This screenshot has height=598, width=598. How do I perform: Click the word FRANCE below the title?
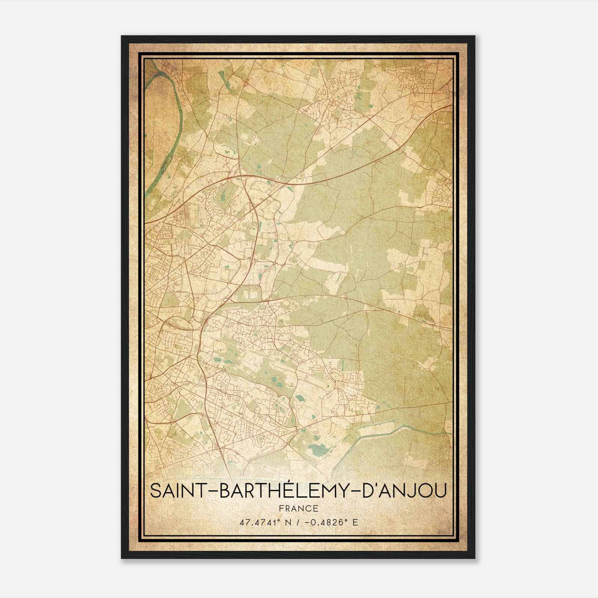[298, 509]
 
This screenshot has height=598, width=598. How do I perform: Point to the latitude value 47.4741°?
[260, 522]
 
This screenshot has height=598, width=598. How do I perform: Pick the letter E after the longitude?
[355, 522]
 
